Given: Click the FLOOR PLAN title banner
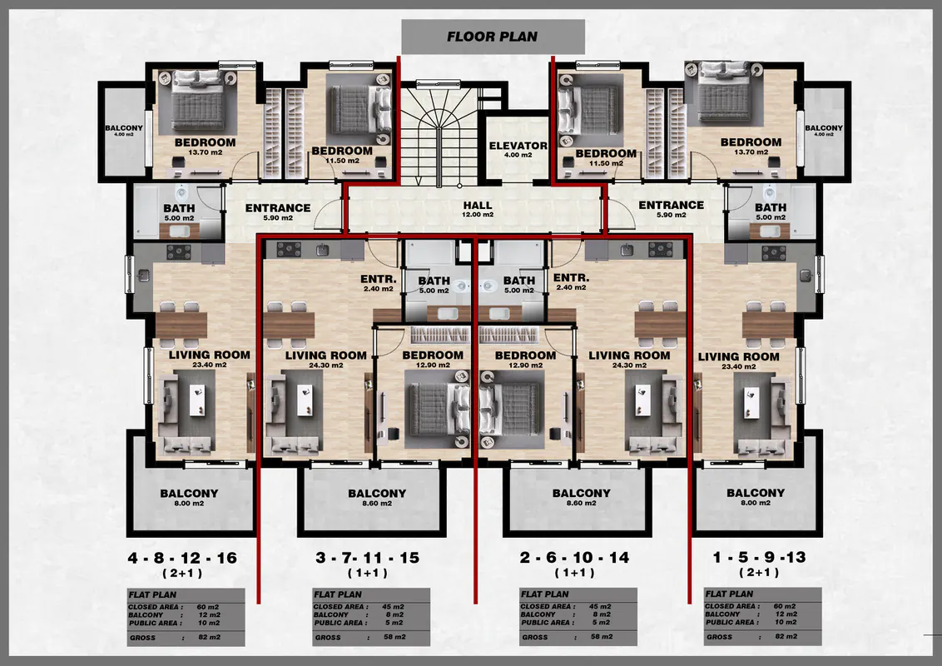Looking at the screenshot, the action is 493,37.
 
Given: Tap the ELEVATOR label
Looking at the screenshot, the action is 518,146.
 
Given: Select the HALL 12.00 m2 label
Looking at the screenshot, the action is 478,209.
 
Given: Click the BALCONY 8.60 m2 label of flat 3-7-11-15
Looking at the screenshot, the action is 377,497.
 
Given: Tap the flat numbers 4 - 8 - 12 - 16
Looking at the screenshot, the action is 182,558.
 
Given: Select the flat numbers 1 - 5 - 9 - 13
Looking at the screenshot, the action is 760,557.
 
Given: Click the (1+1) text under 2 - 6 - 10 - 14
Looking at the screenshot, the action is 574,572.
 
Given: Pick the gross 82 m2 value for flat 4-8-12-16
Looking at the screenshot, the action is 209,637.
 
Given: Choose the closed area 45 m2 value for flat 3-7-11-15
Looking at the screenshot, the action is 393,607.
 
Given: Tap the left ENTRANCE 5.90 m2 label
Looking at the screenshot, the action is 278,211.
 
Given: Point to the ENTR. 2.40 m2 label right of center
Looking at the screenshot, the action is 571,282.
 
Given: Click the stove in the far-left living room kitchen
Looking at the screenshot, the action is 178,252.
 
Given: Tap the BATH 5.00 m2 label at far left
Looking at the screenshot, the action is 179,212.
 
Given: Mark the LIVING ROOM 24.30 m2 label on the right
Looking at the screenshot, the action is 629,360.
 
